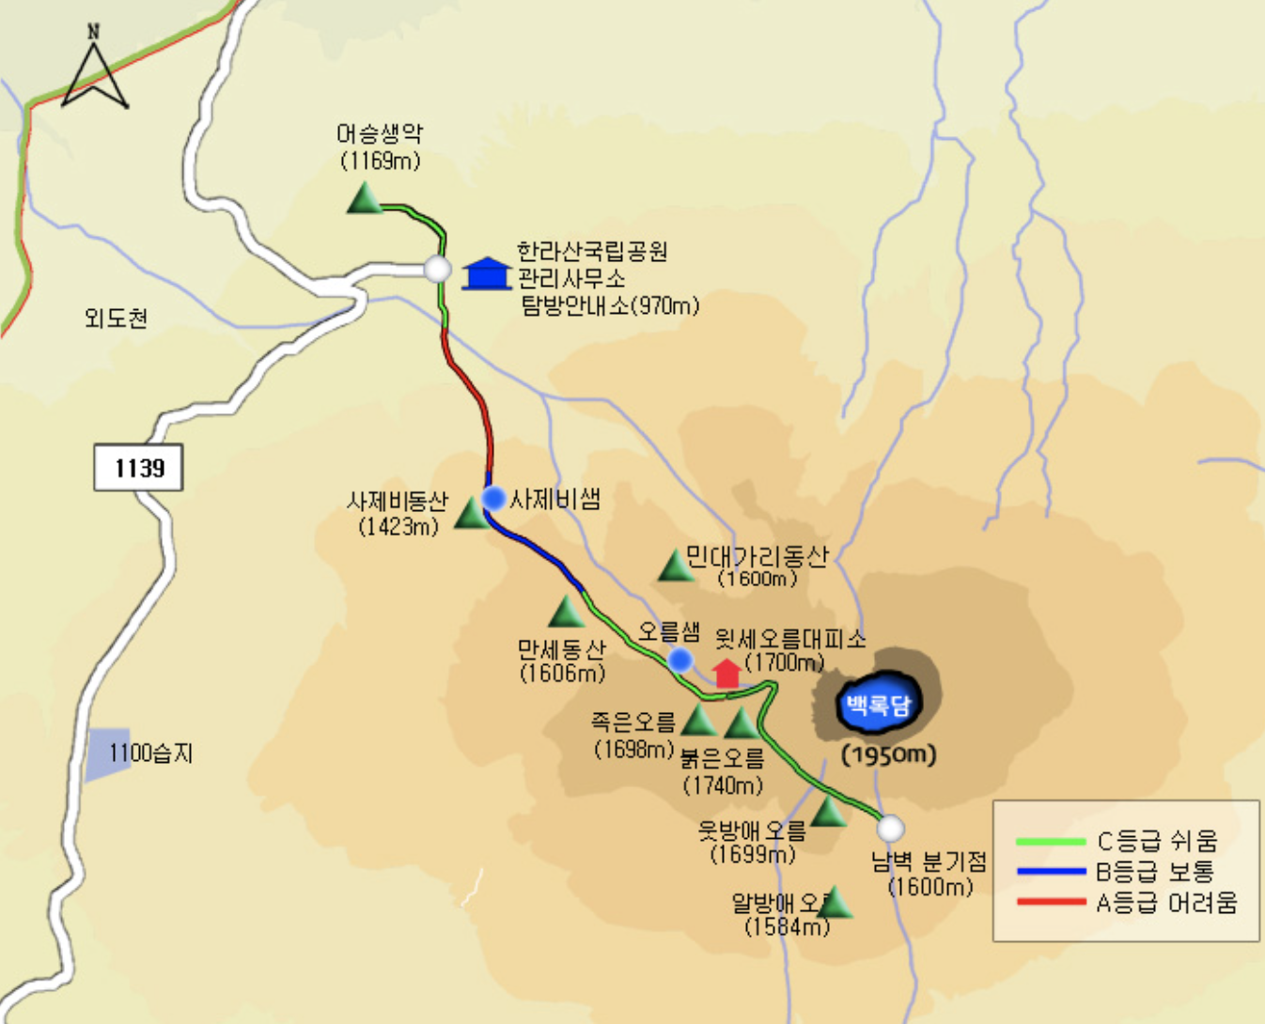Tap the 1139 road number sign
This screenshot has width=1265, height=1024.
coord(138,467)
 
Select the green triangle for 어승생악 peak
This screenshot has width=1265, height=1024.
coord(364,199)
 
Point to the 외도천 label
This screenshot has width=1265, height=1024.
coord(116,318)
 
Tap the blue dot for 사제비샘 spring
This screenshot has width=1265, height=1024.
coord(493,498)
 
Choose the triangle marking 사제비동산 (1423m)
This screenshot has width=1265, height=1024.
coord(471,514)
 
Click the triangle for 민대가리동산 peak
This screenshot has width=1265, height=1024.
coord(675,566)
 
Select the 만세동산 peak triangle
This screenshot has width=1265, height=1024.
coord(566,613)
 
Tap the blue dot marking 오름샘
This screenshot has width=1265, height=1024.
coord(679,659)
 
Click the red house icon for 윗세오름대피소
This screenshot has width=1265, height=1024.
coord(726,674)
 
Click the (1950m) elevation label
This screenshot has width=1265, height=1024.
coord(888,754)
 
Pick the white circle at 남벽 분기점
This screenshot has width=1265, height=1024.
coord(890,829)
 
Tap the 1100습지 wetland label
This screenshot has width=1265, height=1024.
coord(150,752)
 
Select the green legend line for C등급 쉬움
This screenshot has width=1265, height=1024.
coord(1051,841)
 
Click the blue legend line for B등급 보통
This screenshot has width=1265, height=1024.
coord(1051,872)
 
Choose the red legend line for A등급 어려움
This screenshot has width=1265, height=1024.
coord(1051,903)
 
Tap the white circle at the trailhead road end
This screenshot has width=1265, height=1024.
coord(437,270)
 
